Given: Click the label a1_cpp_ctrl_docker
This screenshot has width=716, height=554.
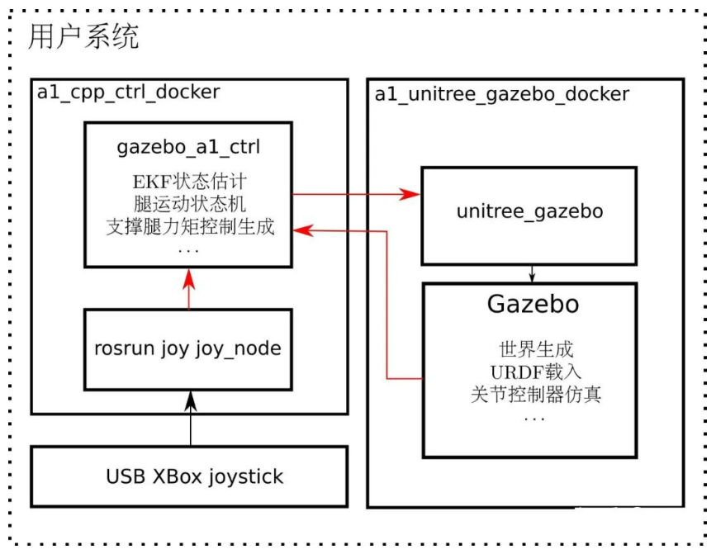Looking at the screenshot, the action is (x=128, y=92).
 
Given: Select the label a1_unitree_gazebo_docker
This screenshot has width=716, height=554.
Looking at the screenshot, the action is (x=501, y=93).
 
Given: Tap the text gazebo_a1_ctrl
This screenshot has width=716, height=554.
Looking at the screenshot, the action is (x=189, y=148).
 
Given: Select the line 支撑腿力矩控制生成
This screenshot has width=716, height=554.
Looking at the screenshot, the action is (x=189, y=225).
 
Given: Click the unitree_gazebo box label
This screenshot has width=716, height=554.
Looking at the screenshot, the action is (x=529, y=212).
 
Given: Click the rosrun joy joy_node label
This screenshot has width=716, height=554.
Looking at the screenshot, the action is (x=189, y=349).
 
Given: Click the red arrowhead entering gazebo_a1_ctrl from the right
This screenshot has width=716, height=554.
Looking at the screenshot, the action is (x=304, y=231).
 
